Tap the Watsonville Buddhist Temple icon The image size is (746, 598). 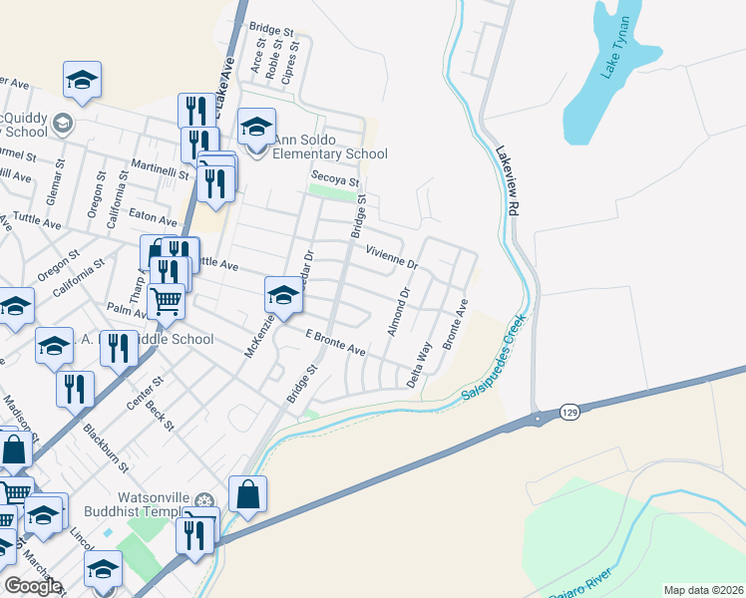[205, 499]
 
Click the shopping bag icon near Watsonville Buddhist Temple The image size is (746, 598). [247, 492]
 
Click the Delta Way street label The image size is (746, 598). [420, 365]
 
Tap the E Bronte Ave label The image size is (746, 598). [335, 344]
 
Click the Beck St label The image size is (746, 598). [159, 410]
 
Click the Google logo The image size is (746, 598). [33, 586]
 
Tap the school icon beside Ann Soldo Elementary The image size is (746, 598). [257, 126]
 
